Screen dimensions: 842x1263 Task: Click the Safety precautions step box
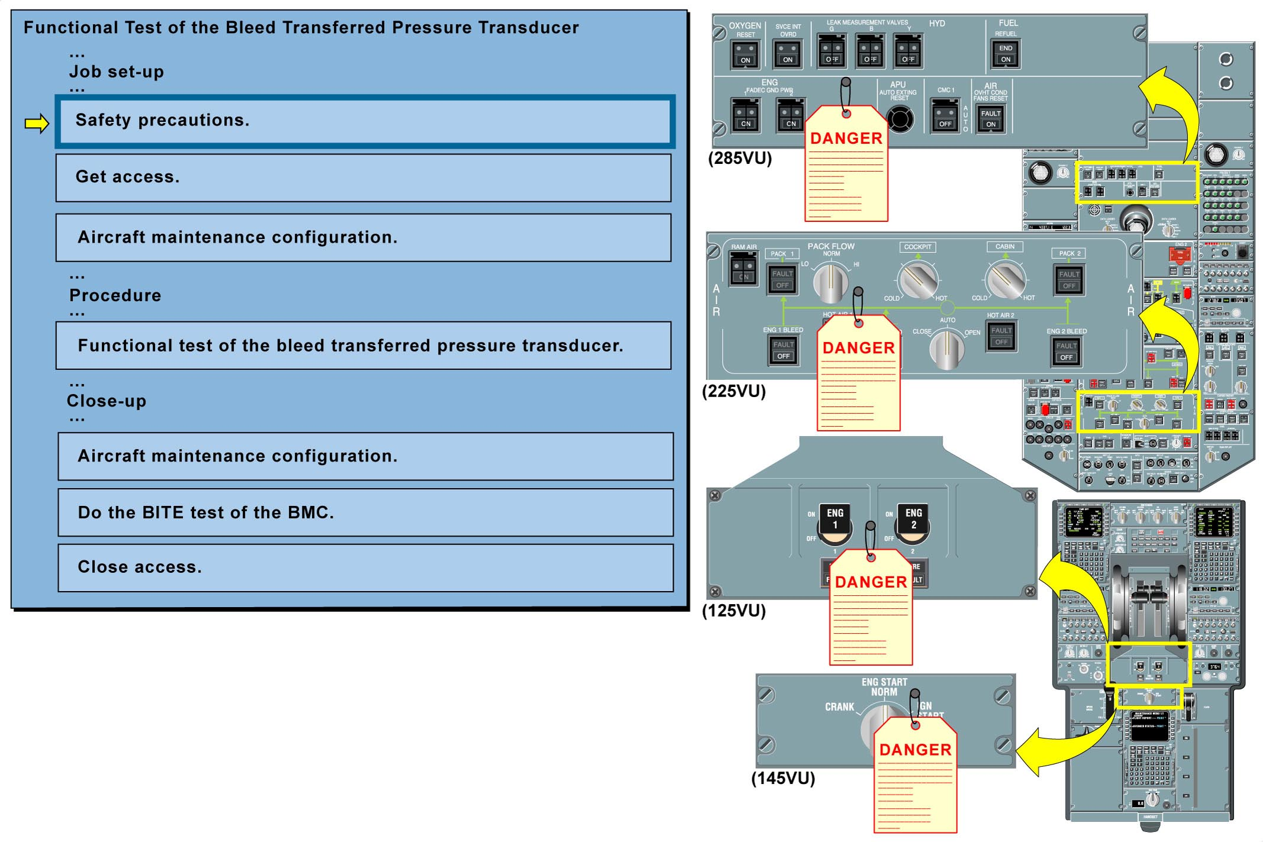tap(365, 121)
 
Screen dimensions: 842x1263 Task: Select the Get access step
tap(363, 178)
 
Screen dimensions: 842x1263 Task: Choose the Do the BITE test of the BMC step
tap(365, 512)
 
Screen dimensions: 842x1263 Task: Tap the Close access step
tap(365, 567)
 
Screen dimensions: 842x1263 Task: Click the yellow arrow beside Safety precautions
tap(37, 124)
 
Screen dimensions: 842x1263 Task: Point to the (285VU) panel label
tap(740, 159)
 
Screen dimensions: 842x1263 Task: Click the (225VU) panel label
tap(734, 391)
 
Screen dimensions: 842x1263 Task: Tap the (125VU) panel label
tap(734, 611)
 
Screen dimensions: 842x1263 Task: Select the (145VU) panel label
tap(783, 778)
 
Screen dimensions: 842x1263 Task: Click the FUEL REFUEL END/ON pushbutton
tap(1006, 54)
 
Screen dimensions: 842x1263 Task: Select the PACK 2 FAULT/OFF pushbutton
tap(1069, 280)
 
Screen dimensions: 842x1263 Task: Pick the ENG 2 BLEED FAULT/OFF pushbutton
tap(1067, 351)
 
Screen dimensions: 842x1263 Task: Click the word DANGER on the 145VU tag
tap(915, 750)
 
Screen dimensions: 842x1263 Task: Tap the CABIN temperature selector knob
tap(1004, 280)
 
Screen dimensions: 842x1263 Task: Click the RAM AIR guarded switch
tap(743, 269)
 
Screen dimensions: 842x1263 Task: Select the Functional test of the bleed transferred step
tap(363, 346)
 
